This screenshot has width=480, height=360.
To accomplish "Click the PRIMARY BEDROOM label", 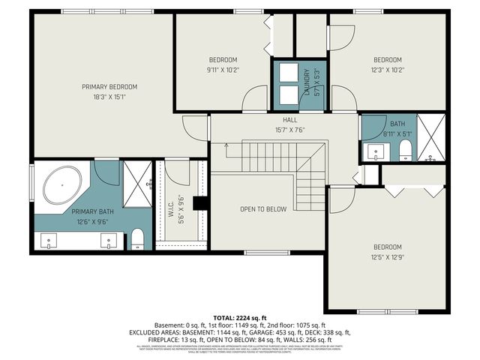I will (109, 87).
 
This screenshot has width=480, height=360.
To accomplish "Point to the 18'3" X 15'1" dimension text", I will (109, 96).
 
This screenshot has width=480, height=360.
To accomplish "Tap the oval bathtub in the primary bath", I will (62, 185).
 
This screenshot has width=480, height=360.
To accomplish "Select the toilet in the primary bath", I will (137, 239).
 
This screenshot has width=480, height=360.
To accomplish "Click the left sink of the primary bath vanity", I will (49, 241).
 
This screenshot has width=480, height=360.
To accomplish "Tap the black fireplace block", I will (200, 203).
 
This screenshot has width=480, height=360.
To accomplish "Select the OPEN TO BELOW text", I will (262, 209).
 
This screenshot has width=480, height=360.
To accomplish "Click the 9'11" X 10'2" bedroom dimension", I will (223, 70).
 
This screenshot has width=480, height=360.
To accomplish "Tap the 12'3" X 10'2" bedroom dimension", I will (388, 70).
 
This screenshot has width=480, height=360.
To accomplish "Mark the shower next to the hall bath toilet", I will (430, 139).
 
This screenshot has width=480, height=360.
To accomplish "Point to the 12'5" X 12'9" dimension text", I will (388, 256).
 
